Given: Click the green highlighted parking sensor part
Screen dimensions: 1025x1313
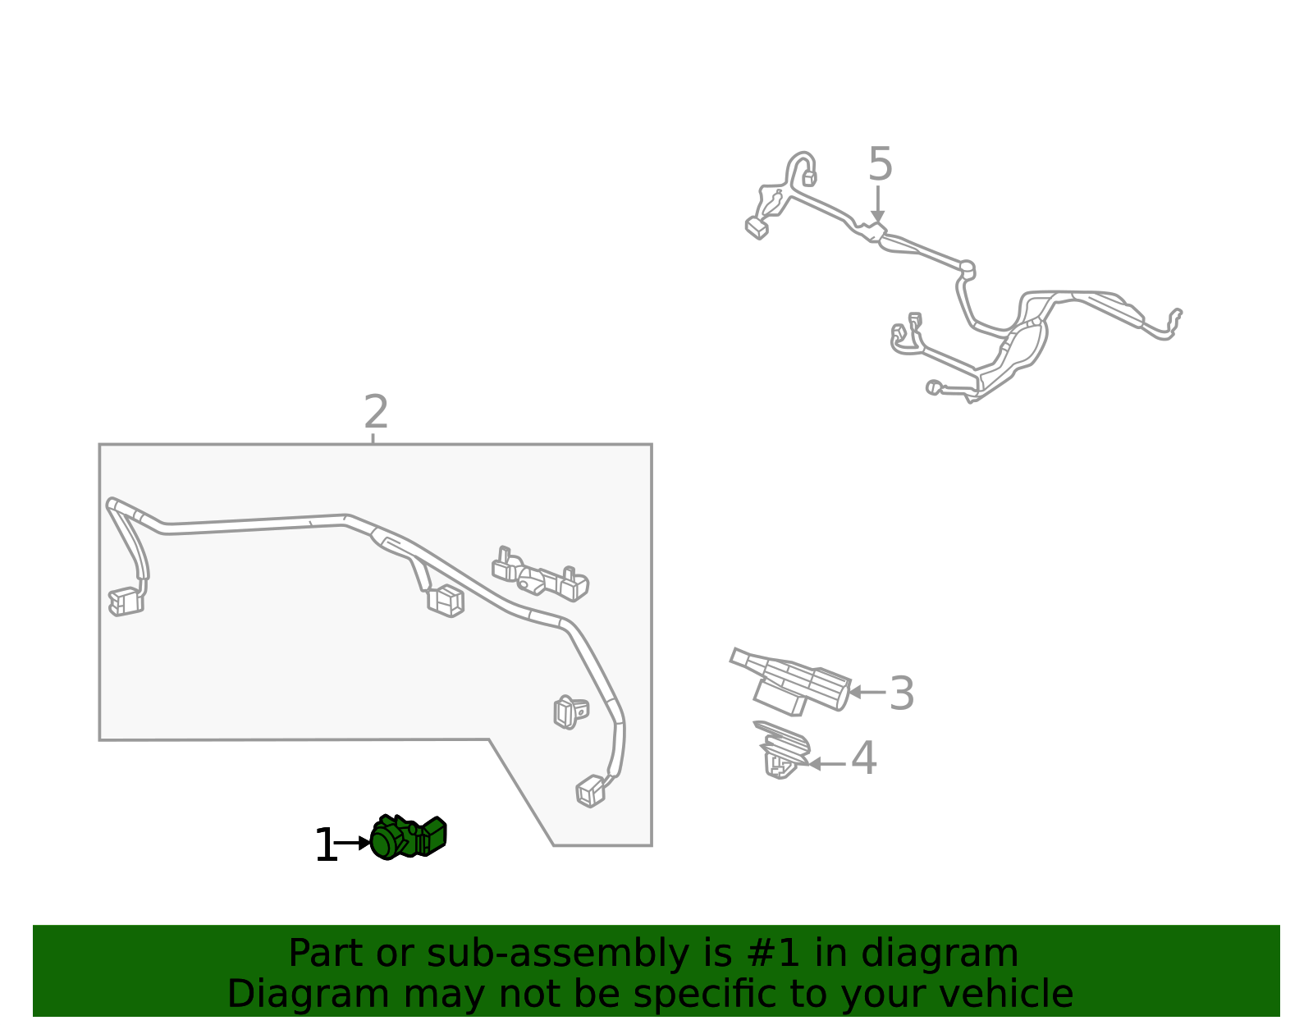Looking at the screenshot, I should (408, 838).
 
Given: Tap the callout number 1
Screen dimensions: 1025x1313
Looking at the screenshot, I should (325, 845).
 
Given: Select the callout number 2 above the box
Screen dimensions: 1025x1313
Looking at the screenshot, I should (376, 412).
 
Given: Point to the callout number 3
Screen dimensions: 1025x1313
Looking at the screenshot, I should (901, 693).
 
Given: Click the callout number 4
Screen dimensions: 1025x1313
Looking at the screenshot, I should (863, 758).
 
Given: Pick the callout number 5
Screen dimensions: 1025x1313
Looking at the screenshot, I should (880, 164).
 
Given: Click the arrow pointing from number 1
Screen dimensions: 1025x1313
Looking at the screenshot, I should (353, 843).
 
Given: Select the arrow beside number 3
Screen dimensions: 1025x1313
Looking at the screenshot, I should (867, 692).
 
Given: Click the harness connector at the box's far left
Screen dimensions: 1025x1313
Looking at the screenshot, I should (126, 602).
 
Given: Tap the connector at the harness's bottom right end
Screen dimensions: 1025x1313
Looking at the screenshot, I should (591, 791).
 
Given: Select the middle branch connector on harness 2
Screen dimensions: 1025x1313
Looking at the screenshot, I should (446, 601).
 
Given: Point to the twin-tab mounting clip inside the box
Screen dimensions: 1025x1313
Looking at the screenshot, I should (540, 574).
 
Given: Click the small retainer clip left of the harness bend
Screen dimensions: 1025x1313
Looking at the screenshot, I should (570, 712).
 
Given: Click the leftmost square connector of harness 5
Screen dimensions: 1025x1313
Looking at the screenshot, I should (756, 227).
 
